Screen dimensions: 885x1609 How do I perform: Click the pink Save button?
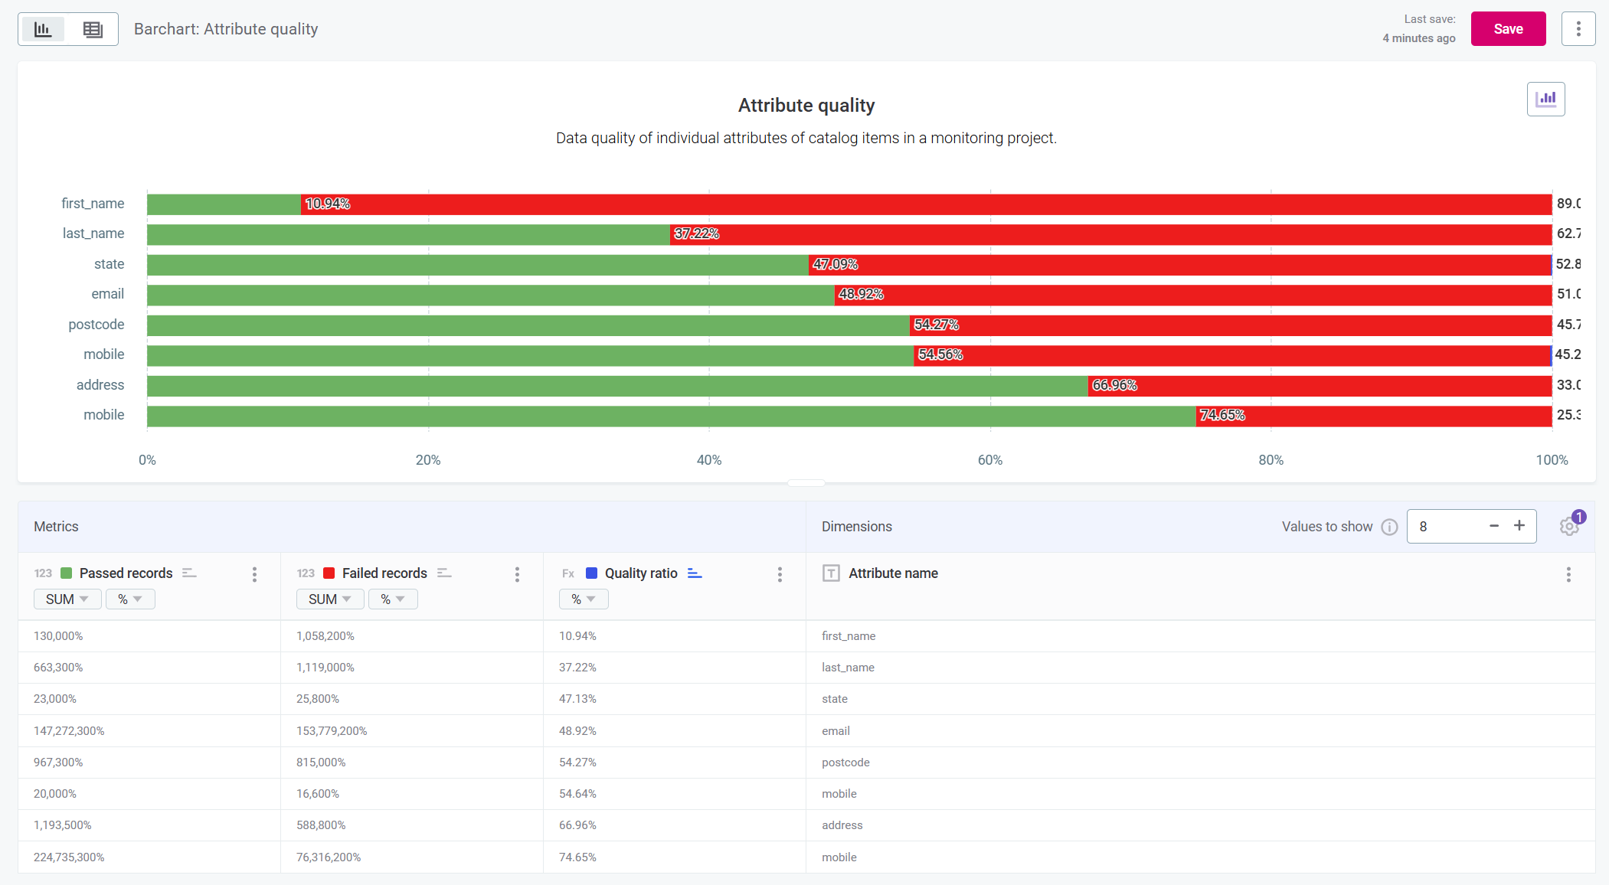pos(1507,29)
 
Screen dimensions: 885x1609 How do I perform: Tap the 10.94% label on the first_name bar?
pos(327,204)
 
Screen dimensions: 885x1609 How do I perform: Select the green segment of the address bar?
pos(616,386)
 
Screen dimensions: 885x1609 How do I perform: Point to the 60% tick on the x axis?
pos(989,460)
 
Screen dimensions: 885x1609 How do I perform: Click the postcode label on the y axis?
pos(96,325)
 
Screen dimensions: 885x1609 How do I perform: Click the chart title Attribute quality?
pos(806,106)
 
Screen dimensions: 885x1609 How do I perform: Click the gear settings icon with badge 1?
pos(1568,527)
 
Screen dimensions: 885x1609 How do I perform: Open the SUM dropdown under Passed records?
pos(67,599)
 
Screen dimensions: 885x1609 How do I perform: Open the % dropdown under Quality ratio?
pos(583,599)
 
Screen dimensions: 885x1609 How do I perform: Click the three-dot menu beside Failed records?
pos(517,574)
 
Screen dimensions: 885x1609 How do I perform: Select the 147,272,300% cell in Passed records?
pos(69,731)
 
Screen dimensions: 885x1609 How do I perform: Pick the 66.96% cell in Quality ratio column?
pos(577,825)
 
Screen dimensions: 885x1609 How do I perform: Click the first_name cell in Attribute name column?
pos(849,636)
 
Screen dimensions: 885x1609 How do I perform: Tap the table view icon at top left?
pos(93,30)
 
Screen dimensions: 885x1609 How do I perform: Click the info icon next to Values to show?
pos(1389,527)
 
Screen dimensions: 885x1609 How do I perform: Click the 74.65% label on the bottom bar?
pos(1221,416)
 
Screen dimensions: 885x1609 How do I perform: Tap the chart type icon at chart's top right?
pos(1545,99)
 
